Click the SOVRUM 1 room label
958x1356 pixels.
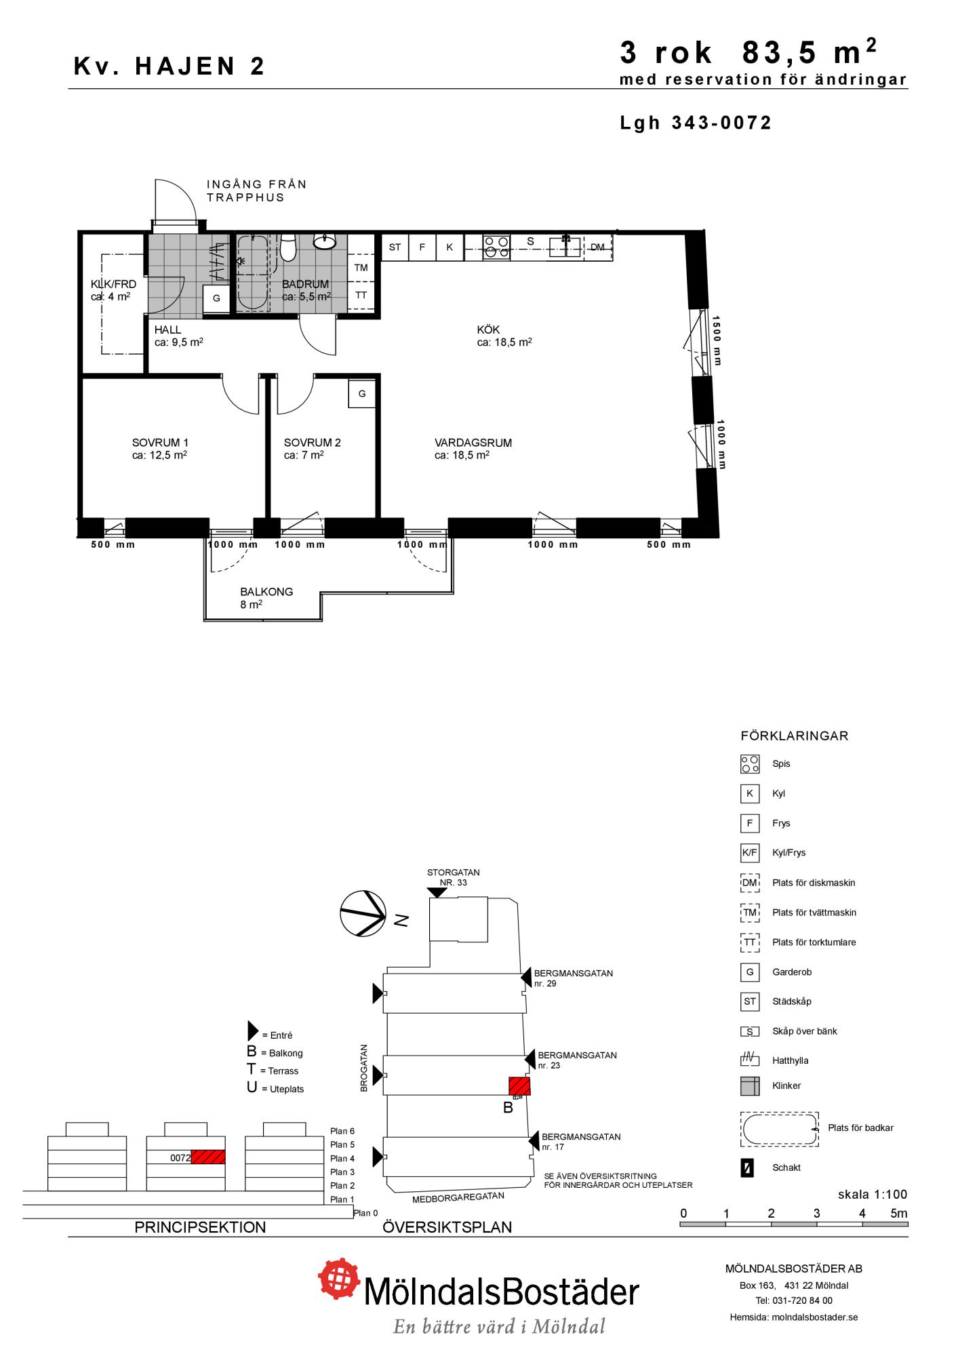click(160, 443)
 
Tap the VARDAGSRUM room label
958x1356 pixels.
click(473, 443)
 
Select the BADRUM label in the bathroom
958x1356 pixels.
click(305, 284)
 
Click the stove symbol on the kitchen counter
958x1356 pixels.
click(496, 247)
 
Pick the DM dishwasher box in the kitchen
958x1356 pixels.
click(597, 247)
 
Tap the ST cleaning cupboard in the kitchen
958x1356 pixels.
click(395, 247)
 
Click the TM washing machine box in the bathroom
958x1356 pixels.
click(361, 268)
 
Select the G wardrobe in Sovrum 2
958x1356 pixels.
click(362, 394)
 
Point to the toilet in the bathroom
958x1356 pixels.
click(288, 247)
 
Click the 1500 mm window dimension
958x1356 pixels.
click(717, 340)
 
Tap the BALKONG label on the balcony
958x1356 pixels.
click(266, 592)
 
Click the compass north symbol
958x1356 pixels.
click(363, 913)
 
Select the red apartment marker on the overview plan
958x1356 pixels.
click(519, 1086)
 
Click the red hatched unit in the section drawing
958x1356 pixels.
click(208, 1157)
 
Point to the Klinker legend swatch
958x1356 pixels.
click(750, 1086)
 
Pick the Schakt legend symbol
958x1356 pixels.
click(747, 1168)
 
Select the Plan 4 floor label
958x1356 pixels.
click(342, 1159)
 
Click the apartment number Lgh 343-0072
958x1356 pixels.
click(696, 123)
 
